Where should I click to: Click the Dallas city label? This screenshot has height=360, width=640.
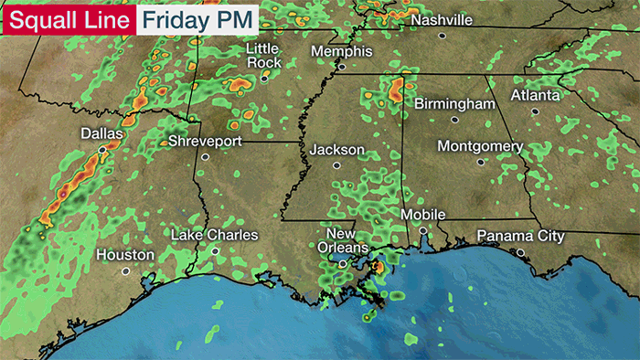point(101,133)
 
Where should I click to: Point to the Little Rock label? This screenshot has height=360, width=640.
point(263,55)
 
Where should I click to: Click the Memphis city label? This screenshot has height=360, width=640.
point(341,51)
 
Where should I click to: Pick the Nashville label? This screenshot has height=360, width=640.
point(442,20)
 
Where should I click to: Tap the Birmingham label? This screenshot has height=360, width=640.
point(454,104)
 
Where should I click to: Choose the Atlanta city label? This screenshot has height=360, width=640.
point(535,94)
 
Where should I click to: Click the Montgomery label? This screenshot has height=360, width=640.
point(480,146)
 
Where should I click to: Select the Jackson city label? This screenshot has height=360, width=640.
point(336,150)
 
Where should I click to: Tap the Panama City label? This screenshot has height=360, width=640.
point(520,238)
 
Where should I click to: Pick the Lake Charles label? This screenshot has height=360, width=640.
point(215,236)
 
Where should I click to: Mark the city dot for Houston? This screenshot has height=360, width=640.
point(126,270)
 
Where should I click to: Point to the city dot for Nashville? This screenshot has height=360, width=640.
point(442,36)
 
